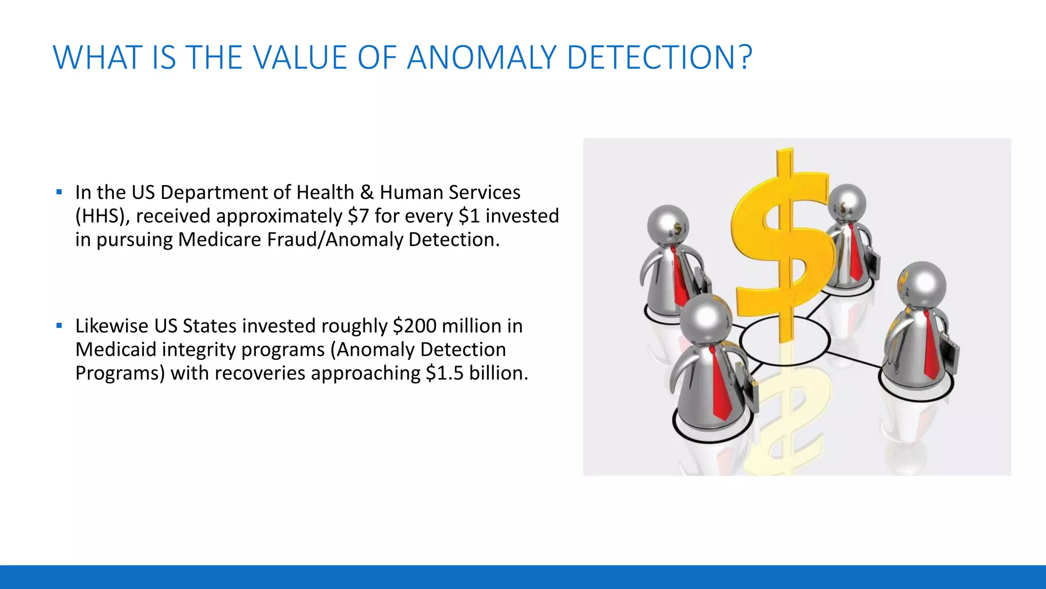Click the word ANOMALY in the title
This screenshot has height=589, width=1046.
pyautogui.click(x=481, y=57)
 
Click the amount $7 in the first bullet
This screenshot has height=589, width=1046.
pyautogui.click(x=358, y=216)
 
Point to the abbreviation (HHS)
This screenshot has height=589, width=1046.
pyautogui.click(x=103, y=216)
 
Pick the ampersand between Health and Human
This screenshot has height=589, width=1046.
pyautogui.click(x=367, y=193)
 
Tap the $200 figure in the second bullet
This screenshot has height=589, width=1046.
pyautogui.click(x=414, y=326)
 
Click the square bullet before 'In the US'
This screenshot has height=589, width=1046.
pyautogui.click(x=59, y=192)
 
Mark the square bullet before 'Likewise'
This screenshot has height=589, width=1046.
pyautogui.click(x=59, y=326)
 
